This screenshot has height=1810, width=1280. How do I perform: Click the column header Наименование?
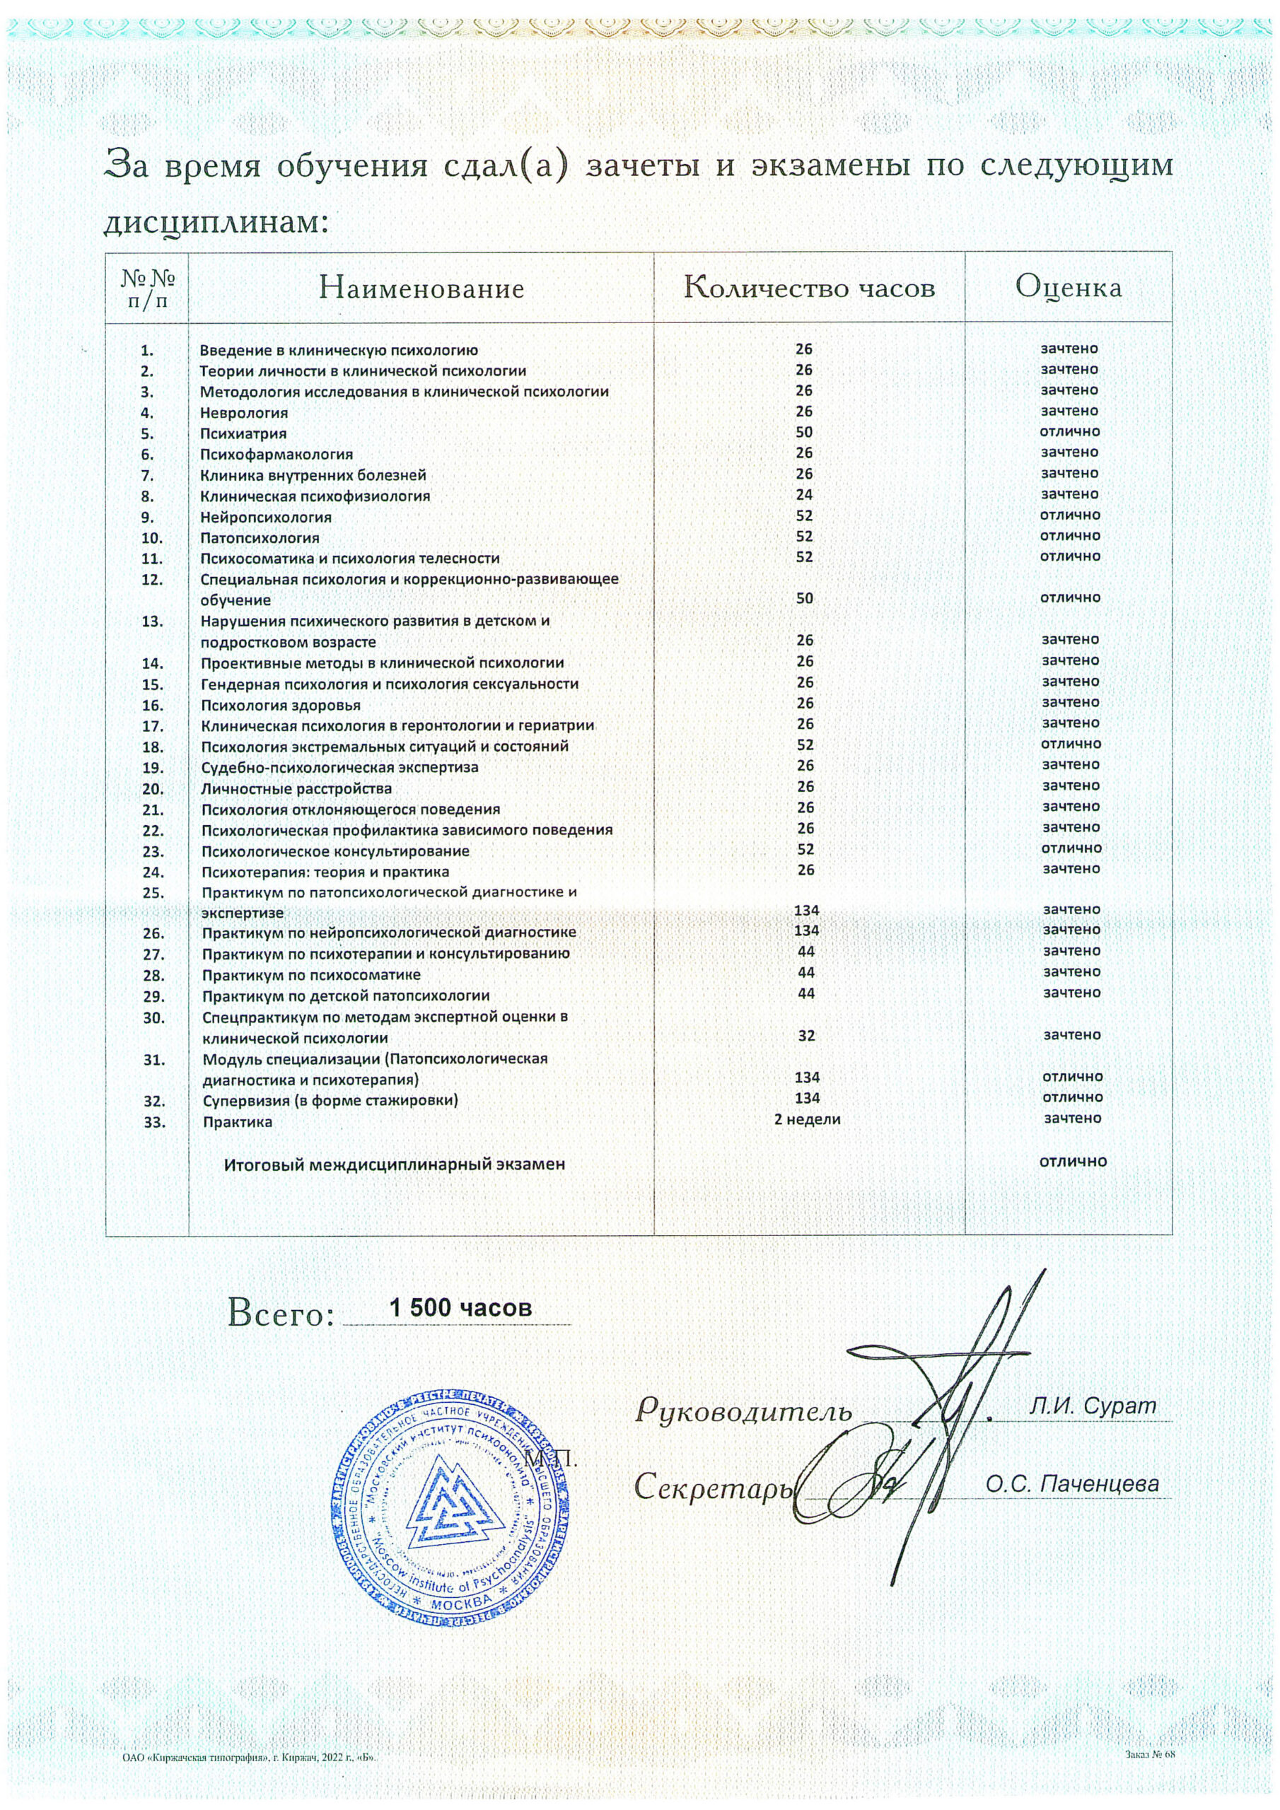[421, 288]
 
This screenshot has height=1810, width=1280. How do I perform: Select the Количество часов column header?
[809, 288]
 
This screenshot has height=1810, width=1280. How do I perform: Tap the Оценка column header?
[1069, 287]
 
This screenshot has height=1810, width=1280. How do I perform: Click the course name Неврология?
[244, 413]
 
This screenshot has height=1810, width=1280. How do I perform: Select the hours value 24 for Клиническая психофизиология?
[805, 495]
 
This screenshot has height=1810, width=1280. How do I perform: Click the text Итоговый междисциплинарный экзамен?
[395, 1164]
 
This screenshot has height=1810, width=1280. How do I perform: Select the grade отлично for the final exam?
[1073, 1161]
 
